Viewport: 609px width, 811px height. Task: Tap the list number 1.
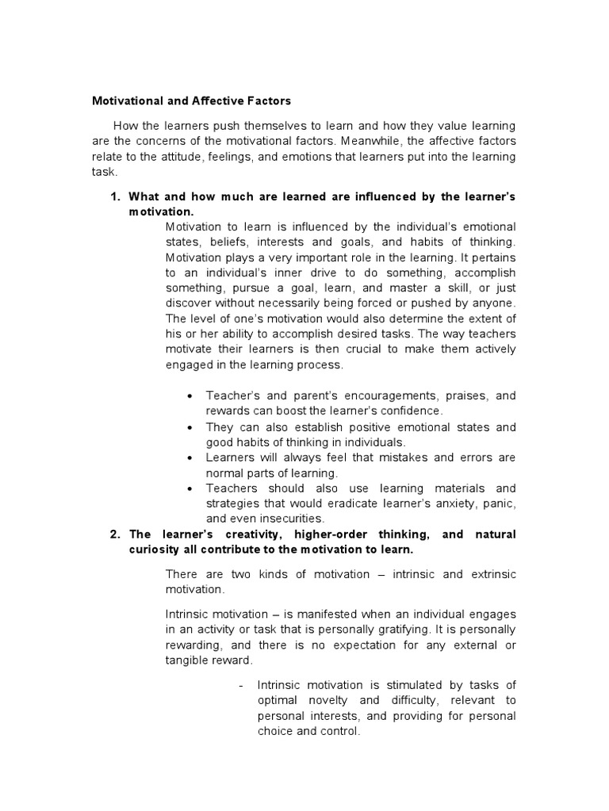click(x=114, y=196)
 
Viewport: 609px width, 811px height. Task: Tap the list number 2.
click(x=114, y=535)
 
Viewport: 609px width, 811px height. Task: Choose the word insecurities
click(x=271, y=519)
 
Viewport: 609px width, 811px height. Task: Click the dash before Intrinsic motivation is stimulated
click(x=240, y=685)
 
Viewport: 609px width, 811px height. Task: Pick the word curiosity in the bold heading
click(x=155, y=550)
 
